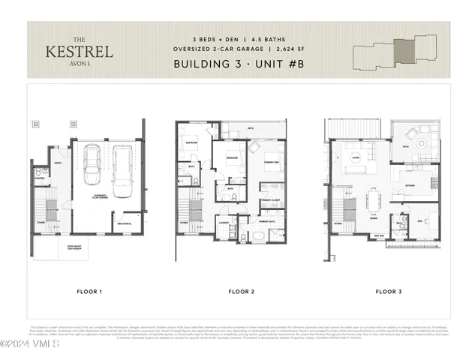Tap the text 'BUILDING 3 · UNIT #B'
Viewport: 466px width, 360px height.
[232, 64]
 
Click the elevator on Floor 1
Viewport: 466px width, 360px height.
[52, 200]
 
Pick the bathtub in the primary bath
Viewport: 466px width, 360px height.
[258, 235]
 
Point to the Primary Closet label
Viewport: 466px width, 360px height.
[269, 201]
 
